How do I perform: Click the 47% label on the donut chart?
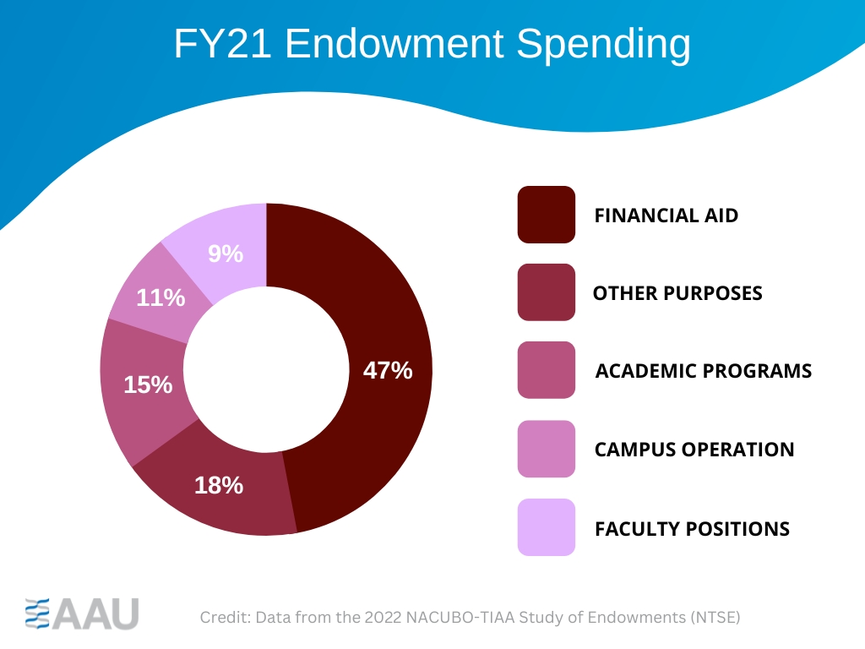tap(388, 370)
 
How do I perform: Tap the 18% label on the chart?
tap(219, 485)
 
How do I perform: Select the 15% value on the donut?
tap(148, 384)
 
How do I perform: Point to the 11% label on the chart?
tap(160, 297)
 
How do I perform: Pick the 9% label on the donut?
tap(226, 253)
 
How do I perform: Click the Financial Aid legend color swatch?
tap(546, 215)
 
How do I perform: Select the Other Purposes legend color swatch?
tap(546, 292)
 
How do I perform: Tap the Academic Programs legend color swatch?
tap(546, 370)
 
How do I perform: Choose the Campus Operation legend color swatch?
tap(546, 449)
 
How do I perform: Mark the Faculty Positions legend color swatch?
tap(546, 527)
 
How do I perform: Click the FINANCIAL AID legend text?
tap(666, 215)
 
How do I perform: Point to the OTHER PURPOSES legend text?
tap(677, 293)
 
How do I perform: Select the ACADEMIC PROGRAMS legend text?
tap(704, 371)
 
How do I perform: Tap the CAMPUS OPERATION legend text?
tap(694, 450)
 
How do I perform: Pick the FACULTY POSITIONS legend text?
tap(692, 529)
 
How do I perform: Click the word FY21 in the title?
tap(222, 44)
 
